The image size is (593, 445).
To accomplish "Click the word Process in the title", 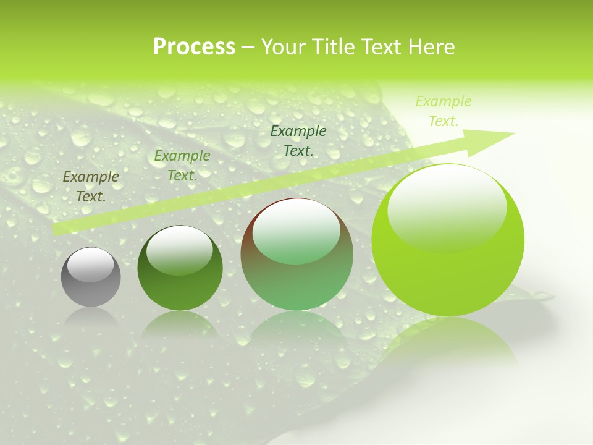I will pyautogui.click(x=194, y=47).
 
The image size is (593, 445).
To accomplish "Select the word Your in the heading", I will pyautogui.click(x=282, y=47).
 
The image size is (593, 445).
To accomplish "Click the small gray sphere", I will pyautogui.click(x=91, y=277).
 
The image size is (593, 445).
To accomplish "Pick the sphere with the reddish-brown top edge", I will pyautogui.click(x=296, y=255).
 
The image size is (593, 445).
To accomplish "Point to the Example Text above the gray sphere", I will pyautogui.click(x=91, y=187).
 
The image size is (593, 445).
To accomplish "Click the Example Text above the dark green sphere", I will pyautogui.click(x=182, y=166).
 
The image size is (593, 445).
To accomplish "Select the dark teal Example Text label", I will pyautogui.click(x=298, y=140).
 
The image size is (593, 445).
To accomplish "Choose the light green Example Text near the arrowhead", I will pyautogui.click(x=444, y=111).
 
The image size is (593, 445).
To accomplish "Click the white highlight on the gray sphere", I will pyautogui.click(x=90, y=265).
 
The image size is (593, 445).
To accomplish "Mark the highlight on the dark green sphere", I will pyautogui.click(x=179, y=250).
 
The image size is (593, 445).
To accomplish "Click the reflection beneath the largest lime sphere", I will pyautogui.click(x=448, y=340).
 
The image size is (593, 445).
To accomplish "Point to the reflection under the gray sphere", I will pyautogui.click(x=91, y=318).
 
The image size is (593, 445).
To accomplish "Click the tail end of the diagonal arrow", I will pyautogui.click(x=59, y=229).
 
